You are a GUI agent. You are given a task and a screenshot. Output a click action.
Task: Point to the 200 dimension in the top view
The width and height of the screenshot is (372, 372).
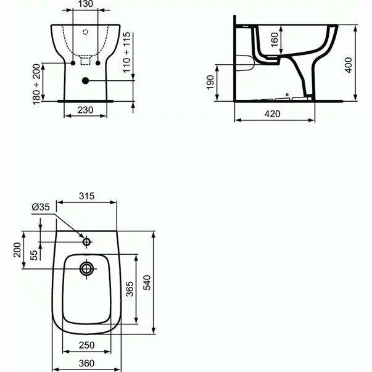point(17,250)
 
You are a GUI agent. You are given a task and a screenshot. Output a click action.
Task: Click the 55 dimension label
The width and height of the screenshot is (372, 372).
point(33,254)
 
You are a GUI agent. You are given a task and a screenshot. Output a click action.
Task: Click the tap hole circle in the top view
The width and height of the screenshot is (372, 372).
point(86,241)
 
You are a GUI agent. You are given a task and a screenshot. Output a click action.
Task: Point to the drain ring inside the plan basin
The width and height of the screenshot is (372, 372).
point(86,268)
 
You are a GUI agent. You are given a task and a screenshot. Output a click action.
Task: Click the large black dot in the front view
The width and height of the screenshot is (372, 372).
point(85,80)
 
